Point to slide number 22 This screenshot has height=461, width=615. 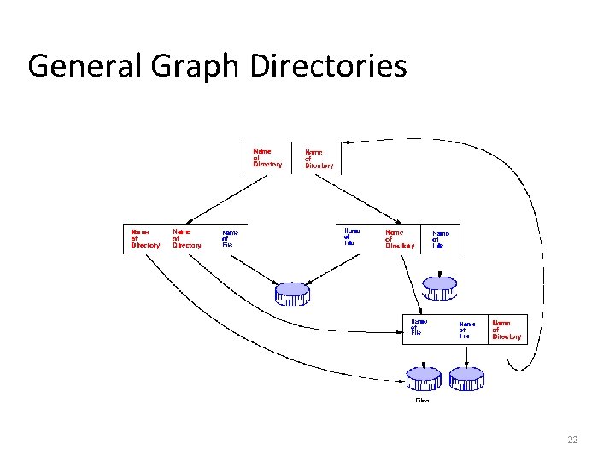572,440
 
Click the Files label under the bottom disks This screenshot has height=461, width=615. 422,400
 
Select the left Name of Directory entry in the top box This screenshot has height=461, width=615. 266,158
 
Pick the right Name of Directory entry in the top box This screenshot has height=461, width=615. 319,160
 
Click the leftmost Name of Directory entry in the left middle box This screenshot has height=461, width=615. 144,238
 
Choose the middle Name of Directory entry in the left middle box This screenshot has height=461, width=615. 187,237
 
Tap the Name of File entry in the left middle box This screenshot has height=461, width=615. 230,238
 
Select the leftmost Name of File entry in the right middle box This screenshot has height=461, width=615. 352,236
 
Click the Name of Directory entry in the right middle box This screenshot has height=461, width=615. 399,238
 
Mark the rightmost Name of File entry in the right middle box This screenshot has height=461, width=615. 440,238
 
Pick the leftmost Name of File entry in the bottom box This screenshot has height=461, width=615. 419,327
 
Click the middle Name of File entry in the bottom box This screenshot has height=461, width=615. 466,330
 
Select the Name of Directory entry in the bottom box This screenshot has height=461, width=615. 507,330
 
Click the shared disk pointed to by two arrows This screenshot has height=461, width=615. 292,294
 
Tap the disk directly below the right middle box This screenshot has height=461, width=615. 440,287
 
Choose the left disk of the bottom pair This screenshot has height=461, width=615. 423,378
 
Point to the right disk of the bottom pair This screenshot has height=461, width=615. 466,378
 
